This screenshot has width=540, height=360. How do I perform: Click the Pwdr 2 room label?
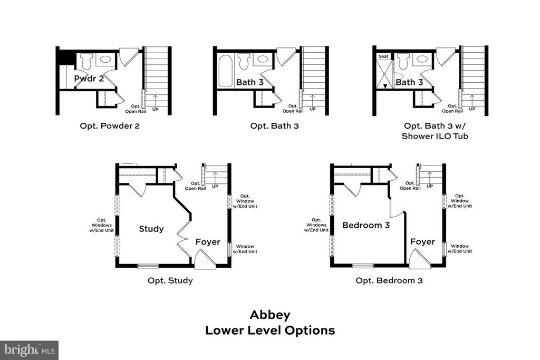(x=89, y=79)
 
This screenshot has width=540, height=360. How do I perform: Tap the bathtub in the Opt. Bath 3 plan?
(x=225, y=71)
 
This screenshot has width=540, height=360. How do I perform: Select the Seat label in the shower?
(x=383, y=56)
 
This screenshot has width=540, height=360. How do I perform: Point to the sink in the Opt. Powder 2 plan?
(x=105, y=59)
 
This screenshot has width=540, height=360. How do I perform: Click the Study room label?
(x=151, y=229)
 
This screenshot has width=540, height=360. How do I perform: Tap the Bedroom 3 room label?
(x=366, y=225)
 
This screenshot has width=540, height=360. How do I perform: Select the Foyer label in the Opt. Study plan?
(x=208, y=242)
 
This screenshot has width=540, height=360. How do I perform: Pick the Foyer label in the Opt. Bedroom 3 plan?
(x=422, y=241)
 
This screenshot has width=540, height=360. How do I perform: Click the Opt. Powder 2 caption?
(x=110, y=126)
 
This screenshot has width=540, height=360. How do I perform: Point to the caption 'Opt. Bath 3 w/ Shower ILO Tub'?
(x=435, y=131)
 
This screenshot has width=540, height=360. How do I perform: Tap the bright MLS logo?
(x=30, y=351)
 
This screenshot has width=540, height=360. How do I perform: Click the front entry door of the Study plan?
(x=205, y=259)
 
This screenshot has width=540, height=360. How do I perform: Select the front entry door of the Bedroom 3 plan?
(x=420, y=259)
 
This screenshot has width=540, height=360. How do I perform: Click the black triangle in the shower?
(x=385, y=86)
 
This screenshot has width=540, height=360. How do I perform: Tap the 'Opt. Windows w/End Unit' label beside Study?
(x=102, y=226)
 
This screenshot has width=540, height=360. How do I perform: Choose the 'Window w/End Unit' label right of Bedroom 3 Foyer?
(x=460, y=248)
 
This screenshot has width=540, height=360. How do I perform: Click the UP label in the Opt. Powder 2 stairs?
(x=156, y=109)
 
